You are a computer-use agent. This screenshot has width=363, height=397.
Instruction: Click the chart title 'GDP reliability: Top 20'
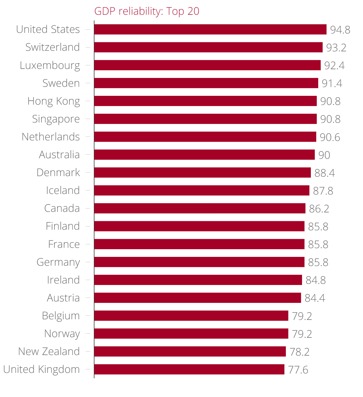[147, 11]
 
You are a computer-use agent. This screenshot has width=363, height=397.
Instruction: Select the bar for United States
[210, 29]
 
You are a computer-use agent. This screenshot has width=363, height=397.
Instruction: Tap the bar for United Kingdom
[189, 369]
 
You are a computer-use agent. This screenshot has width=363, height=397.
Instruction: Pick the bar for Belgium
[191, 316]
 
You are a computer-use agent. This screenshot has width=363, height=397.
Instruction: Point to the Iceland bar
[202, 190]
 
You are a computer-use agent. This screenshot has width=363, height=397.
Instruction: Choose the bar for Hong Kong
[205, 101]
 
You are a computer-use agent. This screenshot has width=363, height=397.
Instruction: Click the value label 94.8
[340, 30]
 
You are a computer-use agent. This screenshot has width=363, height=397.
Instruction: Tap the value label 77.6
[298, 370]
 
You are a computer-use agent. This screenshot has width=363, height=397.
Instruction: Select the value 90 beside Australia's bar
[324, 155]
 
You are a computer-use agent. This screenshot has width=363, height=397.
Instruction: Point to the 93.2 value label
[336, 48]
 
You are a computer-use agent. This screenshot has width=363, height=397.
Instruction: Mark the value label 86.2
[319, 209]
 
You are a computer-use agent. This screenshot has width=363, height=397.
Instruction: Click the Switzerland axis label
[52, 47]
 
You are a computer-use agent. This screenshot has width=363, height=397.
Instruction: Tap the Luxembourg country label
[50, 65]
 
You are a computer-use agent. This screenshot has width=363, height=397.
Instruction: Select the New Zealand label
[49, 351]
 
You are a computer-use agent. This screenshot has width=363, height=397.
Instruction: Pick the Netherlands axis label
[51, 137]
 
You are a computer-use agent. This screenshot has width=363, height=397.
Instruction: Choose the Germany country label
[58, 262]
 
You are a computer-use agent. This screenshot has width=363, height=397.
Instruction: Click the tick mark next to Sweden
[88, 83]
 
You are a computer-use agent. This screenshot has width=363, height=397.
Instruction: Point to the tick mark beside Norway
[88, 333]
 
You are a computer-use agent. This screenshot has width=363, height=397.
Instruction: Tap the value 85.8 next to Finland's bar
[318, 227]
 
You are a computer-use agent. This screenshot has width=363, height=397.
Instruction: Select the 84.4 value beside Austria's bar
[315, 298]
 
